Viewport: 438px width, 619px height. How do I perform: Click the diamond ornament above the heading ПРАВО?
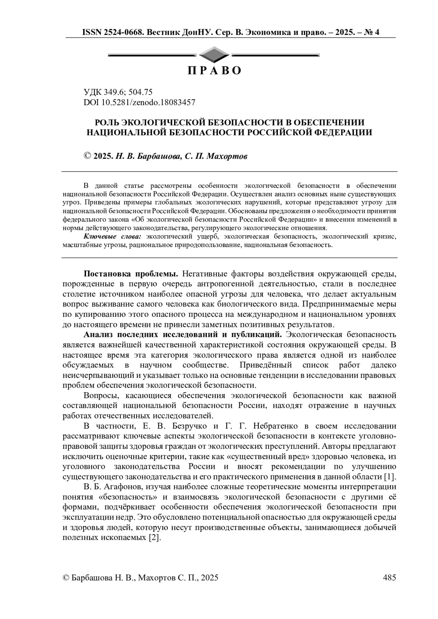pyautogui.click(x=214, y=55)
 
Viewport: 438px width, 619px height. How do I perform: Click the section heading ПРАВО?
pyautogui.click(x=214, y=70)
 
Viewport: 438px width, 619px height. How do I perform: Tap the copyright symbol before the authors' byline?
pyautogui.click(x=87, y=156)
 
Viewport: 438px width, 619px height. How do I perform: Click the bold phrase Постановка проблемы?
pyautogui.click(x=131, y=273)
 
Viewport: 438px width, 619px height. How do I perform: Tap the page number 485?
pyautogui.click(x=389, y=577)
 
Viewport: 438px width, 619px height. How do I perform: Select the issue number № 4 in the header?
pyautogui.click(x=372, y=32)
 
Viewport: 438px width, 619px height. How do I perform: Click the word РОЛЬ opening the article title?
pyautogui.click(x=106, y=122)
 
